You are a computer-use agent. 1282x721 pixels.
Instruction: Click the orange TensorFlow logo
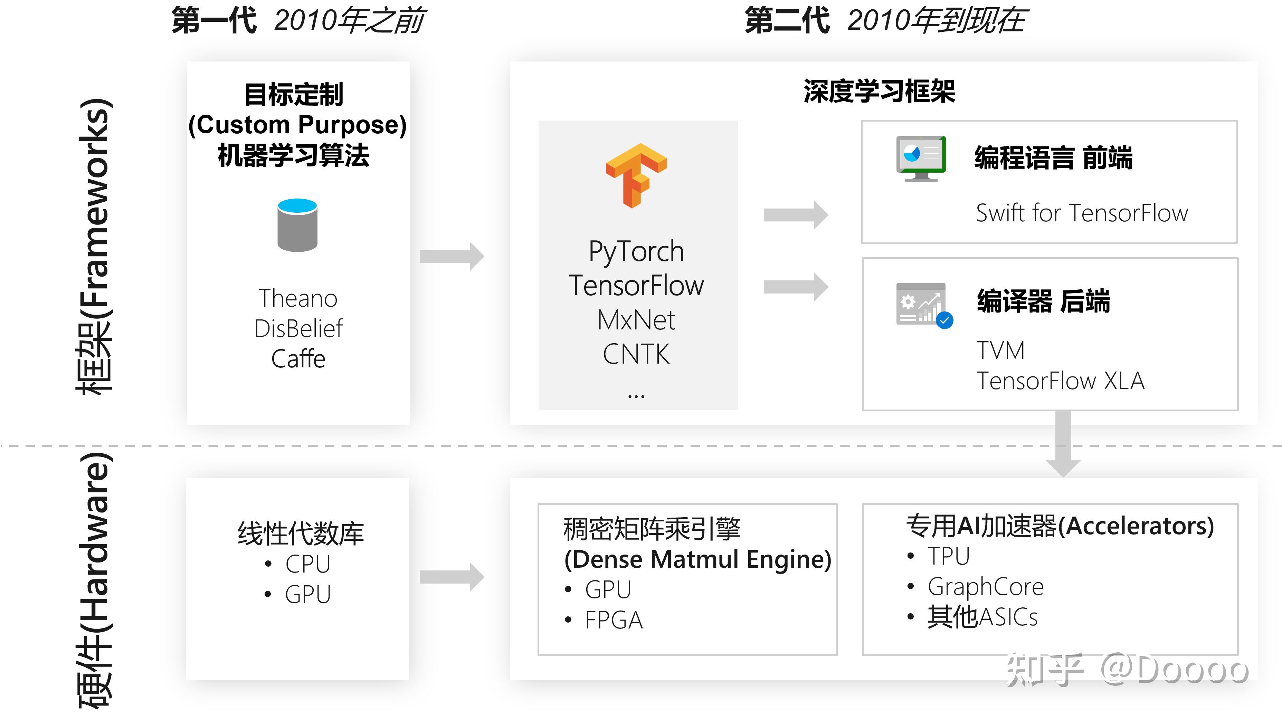click(636, 175)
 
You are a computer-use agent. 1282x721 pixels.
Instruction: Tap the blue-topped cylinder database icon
click(297, 225)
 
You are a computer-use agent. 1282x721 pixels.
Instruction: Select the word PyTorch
click(636, 251)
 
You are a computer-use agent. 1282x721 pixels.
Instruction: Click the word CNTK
click(636, 354)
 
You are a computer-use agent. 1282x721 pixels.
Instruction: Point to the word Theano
click(297, 299)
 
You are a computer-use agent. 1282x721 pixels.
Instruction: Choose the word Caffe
click(297, 359)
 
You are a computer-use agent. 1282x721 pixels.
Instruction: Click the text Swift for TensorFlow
click(1081, 213)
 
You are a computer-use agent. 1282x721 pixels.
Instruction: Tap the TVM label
click(1000, 350)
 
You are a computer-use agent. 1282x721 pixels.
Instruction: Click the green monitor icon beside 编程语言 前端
click(920, 158)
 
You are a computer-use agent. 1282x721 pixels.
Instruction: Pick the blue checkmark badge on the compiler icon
click(944, 320)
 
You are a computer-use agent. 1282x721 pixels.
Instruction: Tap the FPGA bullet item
click(613, 620)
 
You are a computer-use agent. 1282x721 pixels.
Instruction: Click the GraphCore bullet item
click(985, 586)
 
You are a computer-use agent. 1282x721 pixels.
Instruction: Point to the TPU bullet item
click(948, 556)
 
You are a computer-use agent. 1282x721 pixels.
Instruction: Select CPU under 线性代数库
click(307, 564)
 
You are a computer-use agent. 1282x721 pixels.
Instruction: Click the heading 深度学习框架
click(879, 92)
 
